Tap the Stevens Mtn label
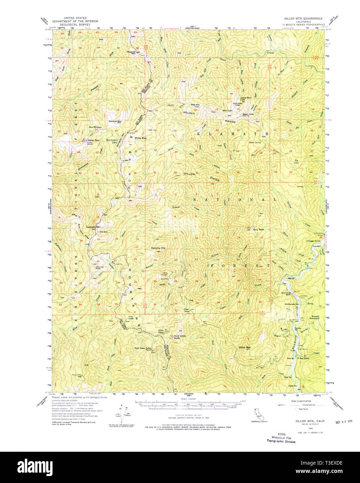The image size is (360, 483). (x=115, y=121)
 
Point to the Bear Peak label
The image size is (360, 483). (x=248, y=114)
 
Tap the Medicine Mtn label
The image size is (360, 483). (x=158, y=248)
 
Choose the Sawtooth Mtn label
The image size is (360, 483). (x=93, y=227)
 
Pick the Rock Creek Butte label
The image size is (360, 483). (x=180, y=336)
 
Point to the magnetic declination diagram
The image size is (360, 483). (x=121, y=412)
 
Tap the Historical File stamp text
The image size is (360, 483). (x=281, y=438)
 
